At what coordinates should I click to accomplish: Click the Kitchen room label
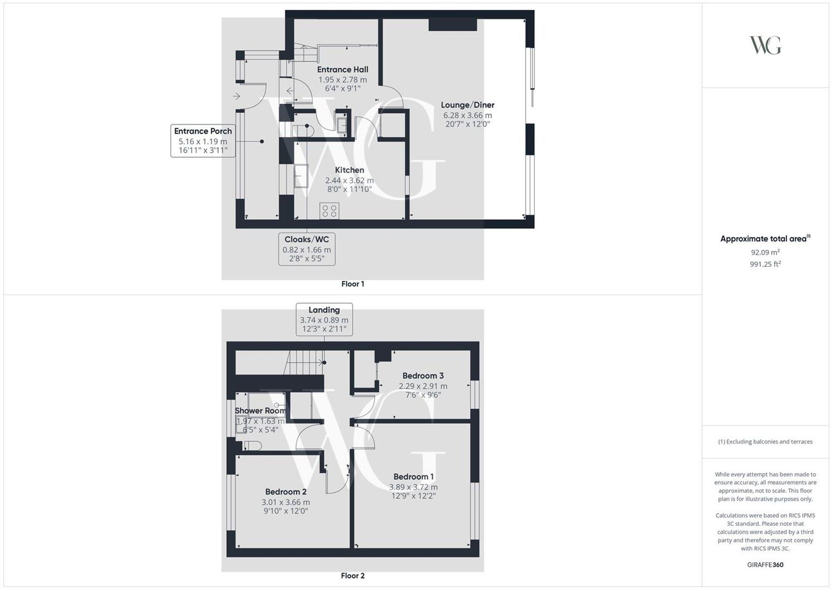coord(349,170)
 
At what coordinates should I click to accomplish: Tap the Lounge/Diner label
coord(468,105)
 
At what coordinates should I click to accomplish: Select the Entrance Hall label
coord(342,70)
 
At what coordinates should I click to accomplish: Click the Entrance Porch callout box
coord(203,141)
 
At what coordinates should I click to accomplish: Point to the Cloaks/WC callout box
coord(307,249)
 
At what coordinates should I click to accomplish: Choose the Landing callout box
coord(324,319)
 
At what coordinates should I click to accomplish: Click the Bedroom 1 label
coord(414,477)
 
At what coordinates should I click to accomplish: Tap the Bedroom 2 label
coord(286,492)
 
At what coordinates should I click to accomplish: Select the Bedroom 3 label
coord(423,375)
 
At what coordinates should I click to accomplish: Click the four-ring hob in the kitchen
coord(329,211)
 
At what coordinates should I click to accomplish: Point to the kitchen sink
coord(301,176)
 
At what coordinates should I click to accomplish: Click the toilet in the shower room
coord(252,446)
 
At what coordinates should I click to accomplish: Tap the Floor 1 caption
coord(352,284)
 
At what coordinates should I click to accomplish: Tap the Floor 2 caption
coord(352,576)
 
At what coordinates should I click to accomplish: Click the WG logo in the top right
coord(765,45)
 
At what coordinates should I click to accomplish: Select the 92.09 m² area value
coord(765,252)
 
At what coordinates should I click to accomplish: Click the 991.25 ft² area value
coord(765,264)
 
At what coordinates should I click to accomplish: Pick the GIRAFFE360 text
coord(765,565)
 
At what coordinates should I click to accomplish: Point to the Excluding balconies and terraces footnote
coord(765,442)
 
